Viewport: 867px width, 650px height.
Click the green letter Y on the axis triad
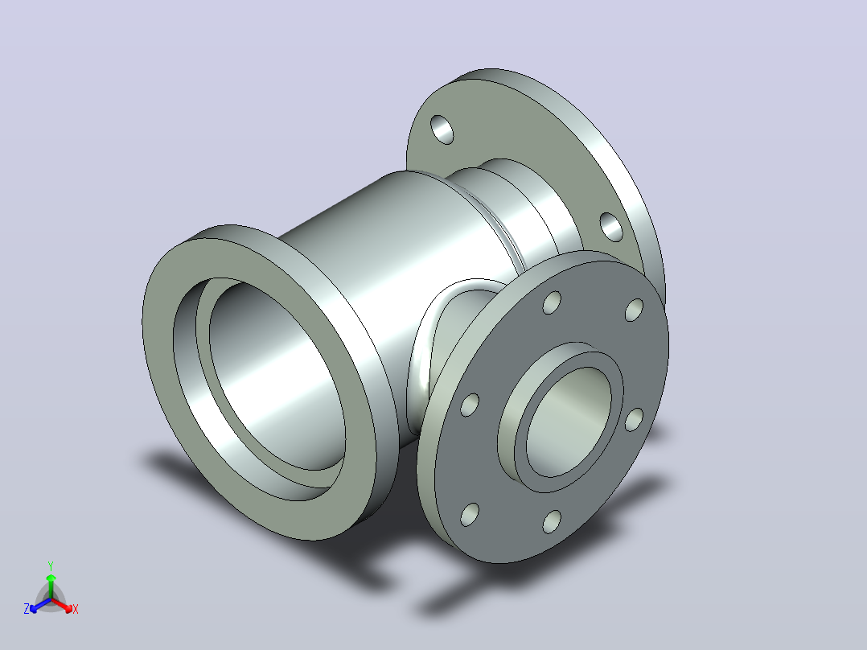point(51,566)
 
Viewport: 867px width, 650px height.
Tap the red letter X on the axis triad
point(76,609)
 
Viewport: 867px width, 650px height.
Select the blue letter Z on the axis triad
point(26,608)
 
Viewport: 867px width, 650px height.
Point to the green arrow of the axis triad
point(51,586)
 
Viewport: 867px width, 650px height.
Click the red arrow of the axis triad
point(62,605)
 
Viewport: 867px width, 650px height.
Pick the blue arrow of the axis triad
point(40,605)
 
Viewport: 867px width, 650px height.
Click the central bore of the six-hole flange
point(569,422)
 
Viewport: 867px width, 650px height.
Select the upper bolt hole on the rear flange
point(442,130)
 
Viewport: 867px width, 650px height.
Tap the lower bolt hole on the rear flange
point(611,227)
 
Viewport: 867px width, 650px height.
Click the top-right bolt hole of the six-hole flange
point(635,310)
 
